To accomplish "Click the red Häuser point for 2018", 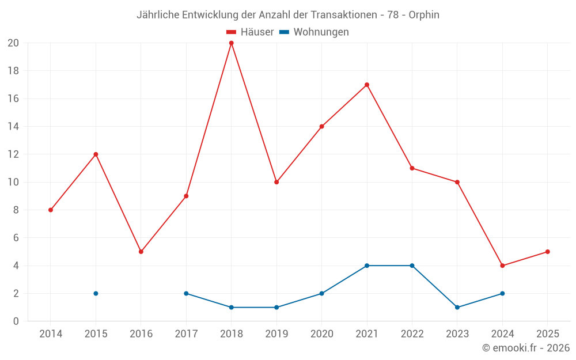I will point(231,43).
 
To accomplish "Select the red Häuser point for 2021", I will point(367,85).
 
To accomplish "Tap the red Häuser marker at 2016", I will point(141,252).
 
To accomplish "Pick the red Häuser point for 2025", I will point(547,252).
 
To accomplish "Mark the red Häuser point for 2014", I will point(51,210).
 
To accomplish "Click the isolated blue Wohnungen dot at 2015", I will point(96,293).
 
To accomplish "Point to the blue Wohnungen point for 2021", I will point(367,266).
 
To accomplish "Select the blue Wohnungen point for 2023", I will point(457,307).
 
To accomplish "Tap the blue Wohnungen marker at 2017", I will point(186,293).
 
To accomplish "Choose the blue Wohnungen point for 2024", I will point(502,293).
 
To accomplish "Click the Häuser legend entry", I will point(250,32).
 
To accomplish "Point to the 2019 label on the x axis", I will point(276,334).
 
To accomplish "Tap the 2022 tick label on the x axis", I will point(412,334).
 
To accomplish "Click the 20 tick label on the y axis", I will point(13,43).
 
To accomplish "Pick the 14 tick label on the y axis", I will point(13,126).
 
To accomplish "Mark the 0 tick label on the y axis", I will point(16,321).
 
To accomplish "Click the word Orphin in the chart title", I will point(424,15).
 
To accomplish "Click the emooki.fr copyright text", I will point(526,348).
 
